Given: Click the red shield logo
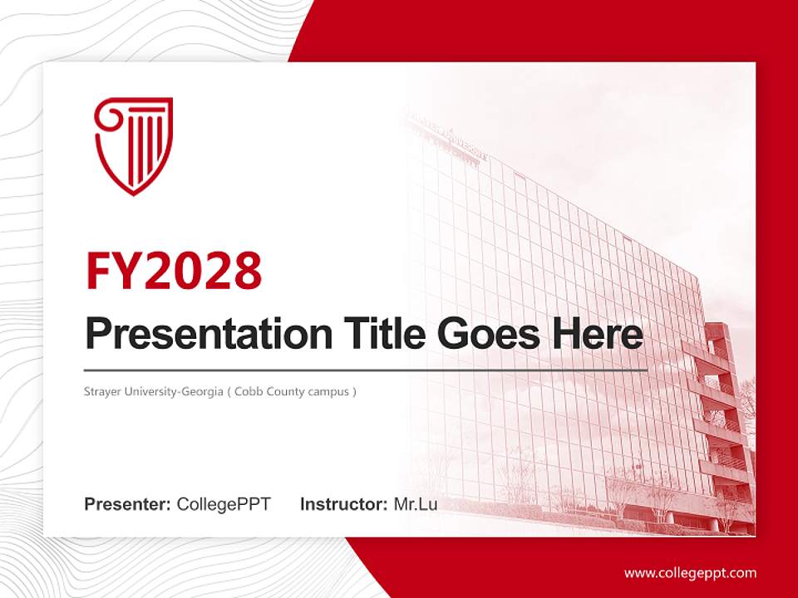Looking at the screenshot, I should pos(133,146).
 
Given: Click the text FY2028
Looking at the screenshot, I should pos(174,271).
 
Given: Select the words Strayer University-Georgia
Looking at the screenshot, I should pos(154,390).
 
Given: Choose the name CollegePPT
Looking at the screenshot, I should pos(224,504).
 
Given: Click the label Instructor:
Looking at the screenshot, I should pos(343,504).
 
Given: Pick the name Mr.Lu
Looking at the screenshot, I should pos(415,504).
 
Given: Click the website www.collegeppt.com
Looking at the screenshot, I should pos(690,573).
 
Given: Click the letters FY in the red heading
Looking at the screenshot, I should pos(113,271).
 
